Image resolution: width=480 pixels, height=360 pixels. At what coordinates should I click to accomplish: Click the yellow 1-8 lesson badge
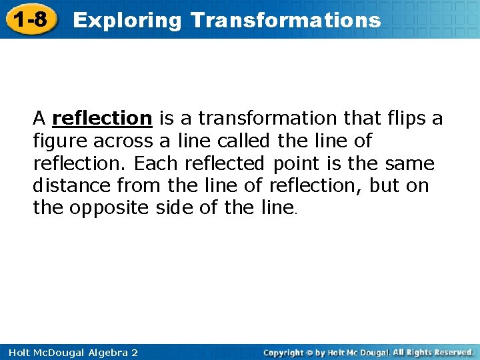[x=29, y=19]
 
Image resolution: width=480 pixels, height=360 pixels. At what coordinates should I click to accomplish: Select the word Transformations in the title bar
[x=285, y=20]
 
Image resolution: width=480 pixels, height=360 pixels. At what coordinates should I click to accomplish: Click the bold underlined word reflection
[x=103, y=119]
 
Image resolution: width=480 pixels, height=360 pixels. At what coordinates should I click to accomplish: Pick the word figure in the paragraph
[x=61, y=141]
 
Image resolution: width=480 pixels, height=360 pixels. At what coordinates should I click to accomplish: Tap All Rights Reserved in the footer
[x=433, y=352]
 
